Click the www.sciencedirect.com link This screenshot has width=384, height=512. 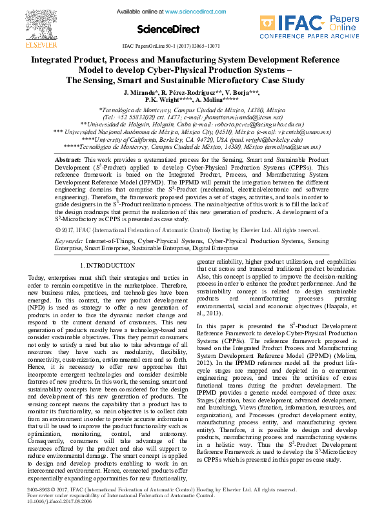pos(193,12)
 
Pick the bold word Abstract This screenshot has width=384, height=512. pos(67,159)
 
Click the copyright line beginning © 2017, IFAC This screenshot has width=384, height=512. pos(187,230)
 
